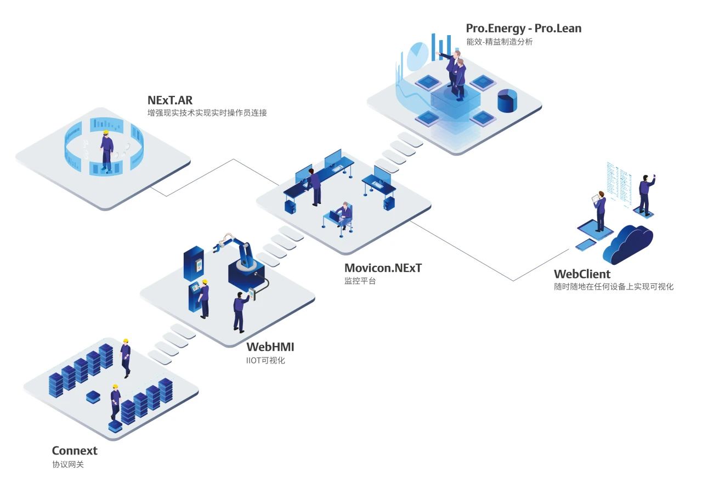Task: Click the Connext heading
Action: point(75,451)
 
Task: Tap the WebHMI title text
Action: point(270,347)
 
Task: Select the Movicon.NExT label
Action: point(383,268)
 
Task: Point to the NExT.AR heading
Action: point(169,100)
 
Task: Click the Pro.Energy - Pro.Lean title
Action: point(523,28)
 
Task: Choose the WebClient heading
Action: point(582,274)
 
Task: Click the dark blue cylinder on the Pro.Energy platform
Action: point(507,101)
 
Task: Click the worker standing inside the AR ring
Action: point(107,151)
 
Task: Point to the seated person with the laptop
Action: point(343,215)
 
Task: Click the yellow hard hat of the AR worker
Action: point(105,132)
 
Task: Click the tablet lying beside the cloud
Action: point(586,245)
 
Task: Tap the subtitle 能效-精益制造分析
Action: point(499,42)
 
